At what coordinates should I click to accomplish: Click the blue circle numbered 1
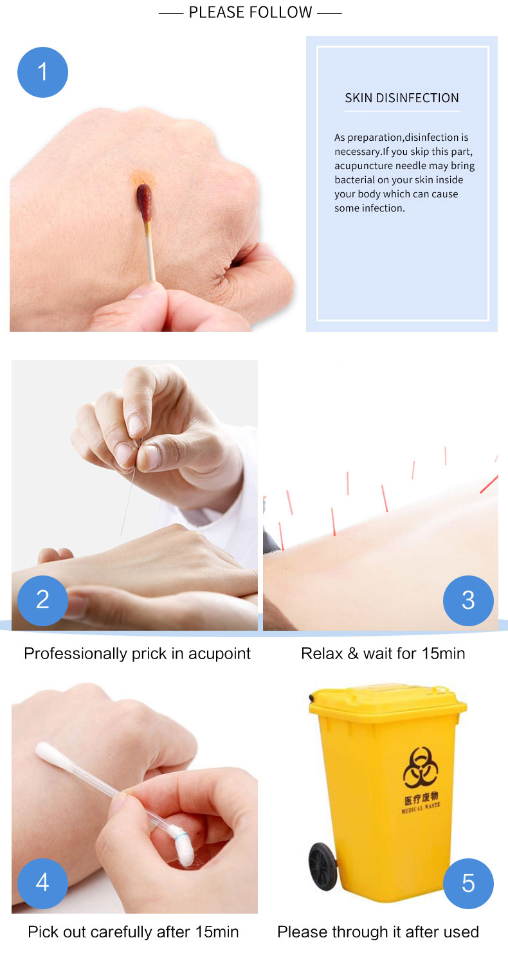[x=42, y=72]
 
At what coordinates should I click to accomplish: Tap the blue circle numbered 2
[x=42, y=601]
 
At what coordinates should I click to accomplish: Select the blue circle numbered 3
[x=468, y=601]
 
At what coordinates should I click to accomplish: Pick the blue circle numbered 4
[x=42, y=883]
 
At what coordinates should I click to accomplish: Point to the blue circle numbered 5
[x=468, y=883]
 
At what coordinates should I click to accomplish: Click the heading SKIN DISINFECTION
[x=402, y=98]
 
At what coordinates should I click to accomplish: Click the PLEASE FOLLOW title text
[x=251, y=12]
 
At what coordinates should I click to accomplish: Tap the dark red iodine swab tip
[x=144, y=201]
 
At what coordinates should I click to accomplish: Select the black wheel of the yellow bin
[x=323, y=866]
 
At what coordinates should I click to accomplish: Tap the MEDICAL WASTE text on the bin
[x=421, y=808]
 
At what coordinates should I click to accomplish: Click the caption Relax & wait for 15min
[x=383, y=653]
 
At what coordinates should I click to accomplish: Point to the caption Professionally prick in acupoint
[x=137, y=653]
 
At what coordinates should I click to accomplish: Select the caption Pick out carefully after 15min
[x=133, y=932]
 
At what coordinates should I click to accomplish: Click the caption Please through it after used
[x=378, y=932]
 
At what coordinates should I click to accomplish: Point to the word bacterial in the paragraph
[x=354, y=179]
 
